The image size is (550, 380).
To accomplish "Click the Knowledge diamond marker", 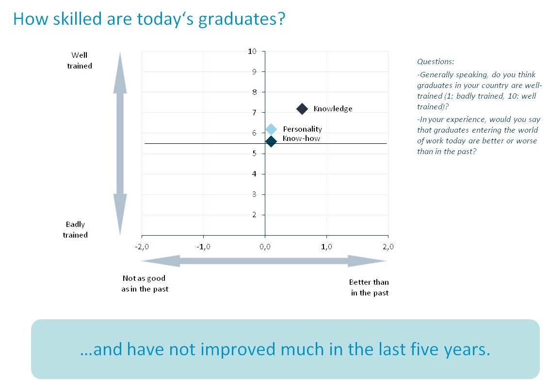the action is (302, 109).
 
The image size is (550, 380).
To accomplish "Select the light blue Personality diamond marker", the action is (271, 129).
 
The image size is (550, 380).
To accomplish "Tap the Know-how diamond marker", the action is (271, 141).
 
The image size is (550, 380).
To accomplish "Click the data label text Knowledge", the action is (333, 109).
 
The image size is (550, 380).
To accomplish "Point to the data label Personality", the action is (302, 129).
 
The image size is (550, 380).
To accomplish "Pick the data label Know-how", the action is (301, 138).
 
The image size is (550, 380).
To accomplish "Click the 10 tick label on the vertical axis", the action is (252, 52).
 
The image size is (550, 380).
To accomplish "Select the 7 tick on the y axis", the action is (254, 112).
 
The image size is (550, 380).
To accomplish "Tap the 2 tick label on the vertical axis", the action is (254, 215).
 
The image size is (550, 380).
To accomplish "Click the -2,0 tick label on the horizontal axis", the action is (142, 247).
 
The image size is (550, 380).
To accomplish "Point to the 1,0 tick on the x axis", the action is (326, 247).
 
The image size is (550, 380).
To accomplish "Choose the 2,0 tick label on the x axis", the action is (388, 247).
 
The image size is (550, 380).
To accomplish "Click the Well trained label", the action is (80, 60).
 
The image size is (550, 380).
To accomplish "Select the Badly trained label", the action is (75, 229).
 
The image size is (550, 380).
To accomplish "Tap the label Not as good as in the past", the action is (145, 284).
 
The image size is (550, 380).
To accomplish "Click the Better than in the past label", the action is (369, 288).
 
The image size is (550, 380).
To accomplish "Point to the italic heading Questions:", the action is (436, 62).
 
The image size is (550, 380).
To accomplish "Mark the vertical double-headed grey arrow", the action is (120, 143).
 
